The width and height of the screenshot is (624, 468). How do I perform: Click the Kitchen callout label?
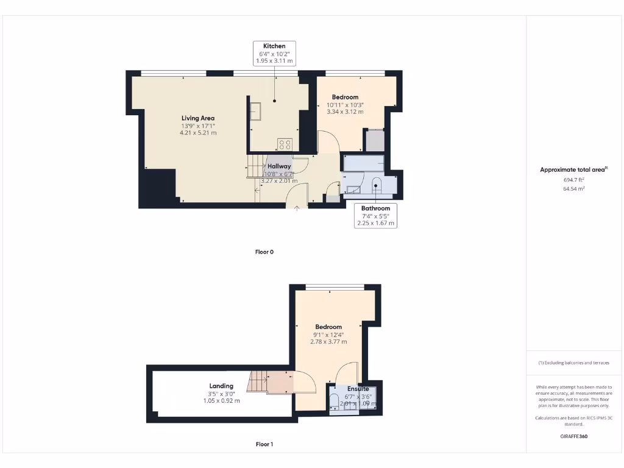[274, 54]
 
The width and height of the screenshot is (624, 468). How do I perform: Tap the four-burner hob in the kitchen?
[285, 144]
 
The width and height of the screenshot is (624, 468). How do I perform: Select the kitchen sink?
[255, 111]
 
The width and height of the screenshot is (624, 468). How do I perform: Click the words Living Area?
[198, 118]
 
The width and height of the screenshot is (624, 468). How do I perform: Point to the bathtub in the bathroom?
[364, 163]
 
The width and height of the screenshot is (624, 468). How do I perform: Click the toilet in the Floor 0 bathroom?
[376, 183]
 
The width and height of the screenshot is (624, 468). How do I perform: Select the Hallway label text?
[279, 166]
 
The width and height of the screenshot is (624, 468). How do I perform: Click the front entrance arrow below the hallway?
[297, 209]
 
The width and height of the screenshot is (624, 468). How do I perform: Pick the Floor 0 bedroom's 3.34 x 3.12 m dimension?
[345, 112]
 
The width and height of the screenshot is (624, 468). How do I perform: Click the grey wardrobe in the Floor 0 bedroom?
[374, 141]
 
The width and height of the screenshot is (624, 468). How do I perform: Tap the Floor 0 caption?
[264, 252]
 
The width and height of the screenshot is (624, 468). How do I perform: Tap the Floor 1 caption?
[264, 444]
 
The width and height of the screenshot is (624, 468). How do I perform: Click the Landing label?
[221, 386]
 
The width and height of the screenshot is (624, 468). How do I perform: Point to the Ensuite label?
[358, 389]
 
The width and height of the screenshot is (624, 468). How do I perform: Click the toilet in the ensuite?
[335, 401]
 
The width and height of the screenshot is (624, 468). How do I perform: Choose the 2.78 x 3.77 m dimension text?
[328, 342]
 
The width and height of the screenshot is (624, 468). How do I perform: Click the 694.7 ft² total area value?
[573, 180]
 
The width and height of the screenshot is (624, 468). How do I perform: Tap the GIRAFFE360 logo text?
[573, 436]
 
